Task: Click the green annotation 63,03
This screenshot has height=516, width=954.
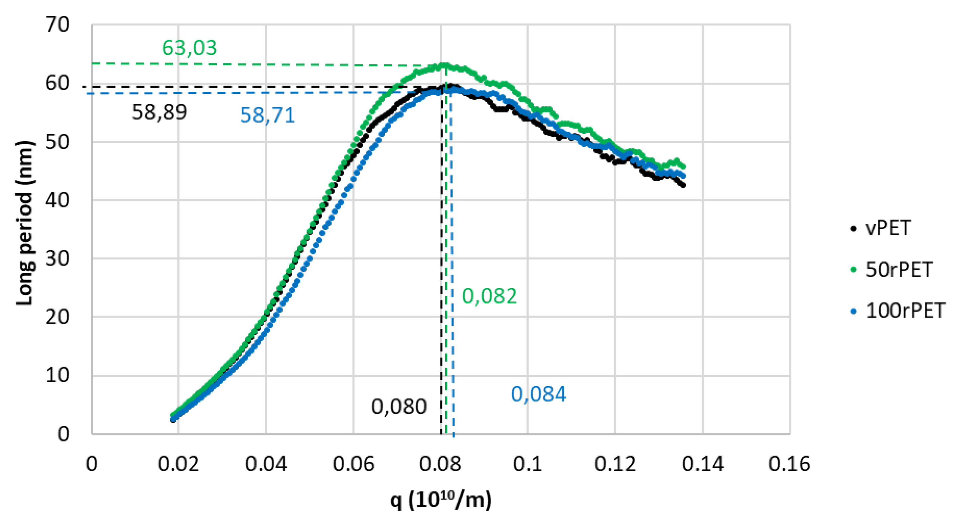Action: (x=189, y=48)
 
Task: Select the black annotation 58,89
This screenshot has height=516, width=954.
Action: (x=159, y=112)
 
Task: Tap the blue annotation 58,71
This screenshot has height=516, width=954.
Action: (x=267, y=115)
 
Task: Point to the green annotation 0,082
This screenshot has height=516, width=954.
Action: (x=489, y=296)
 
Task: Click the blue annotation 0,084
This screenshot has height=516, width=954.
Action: (x=538, y=394)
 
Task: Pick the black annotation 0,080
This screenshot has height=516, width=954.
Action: (x=399, y=407)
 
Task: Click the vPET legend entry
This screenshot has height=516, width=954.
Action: (x=887, y=228)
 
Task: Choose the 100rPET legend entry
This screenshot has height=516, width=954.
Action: (x=905, y=311)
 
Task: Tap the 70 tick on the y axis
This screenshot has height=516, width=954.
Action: (x=58, y=25)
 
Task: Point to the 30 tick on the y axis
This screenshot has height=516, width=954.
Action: (x=58, y=258)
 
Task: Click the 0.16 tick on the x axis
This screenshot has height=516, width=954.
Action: (x=789, y=464)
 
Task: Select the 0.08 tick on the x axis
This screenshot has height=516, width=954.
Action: (x=440, y=464)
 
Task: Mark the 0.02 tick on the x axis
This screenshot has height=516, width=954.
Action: (x=178, y=464)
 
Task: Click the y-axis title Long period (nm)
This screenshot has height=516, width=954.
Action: (x=25, y=223)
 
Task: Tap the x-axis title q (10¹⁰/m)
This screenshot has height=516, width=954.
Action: (x=441, y=500)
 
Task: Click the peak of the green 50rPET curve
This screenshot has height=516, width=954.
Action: (x=444, y=66)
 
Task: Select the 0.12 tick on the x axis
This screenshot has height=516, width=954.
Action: (x=615, y=464)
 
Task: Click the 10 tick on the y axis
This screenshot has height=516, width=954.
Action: (x=58, y=376)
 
